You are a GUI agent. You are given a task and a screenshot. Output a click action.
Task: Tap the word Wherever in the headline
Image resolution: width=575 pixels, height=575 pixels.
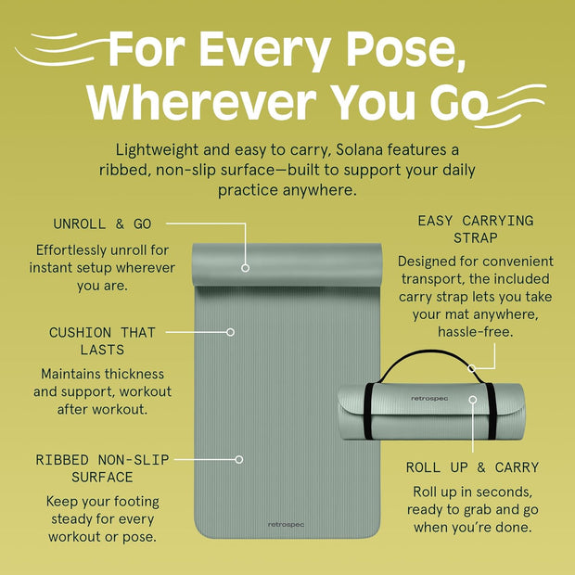(201, 102)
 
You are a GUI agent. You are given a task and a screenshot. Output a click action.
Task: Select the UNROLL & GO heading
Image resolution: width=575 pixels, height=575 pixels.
(102, 224)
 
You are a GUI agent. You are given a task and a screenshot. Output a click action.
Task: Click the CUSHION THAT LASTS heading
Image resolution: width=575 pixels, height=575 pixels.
(102, 341)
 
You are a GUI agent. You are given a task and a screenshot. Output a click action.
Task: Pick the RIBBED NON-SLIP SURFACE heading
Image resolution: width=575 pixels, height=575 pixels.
(102, 468)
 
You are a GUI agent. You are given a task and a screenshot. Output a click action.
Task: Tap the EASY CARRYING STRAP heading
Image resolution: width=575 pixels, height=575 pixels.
(475, 229)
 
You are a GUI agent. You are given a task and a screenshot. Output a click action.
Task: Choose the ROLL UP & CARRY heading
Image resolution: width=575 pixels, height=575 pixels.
(472, 467)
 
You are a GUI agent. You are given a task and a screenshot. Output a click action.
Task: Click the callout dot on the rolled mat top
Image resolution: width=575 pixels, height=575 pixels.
(246, 268)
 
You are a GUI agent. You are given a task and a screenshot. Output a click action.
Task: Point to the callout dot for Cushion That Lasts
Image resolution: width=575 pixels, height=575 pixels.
(230, 332)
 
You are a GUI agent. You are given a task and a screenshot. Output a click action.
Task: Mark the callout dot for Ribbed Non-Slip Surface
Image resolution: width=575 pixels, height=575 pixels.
(239, 459)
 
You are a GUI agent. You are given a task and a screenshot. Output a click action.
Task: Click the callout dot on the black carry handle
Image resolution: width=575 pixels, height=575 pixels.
(472, 368)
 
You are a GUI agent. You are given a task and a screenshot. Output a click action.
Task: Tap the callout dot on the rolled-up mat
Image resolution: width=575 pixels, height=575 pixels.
(473, 400)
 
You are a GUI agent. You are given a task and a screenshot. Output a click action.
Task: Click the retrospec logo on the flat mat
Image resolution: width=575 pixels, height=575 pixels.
(286, 525)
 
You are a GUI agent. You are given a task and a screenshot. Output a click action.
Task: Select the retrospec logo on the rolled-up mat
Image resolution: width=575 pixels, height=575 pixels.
(429, 399)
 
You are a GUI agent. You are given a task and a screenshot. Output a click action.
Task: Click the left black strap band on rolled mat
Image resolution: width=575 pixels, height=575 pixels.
(368, 411)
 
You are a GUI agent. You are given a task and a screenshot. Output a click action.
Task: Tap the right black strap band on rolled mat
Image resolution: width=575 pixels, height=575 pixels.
(492, 411)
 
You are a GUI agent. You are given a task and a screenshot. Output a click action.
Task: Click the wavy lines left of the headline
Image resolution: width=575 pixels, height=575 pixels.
(62, 49)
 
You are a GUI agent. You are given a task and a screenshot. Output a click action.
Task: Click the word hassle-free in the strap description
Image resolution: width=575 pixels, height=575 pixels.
(475, 332)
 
